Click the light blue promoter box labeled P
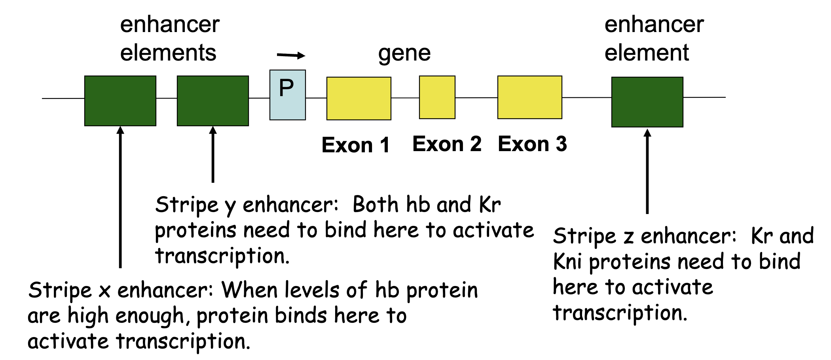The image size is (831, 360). coord(288,95)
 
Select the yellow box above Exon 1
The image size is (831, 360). coord(359,99)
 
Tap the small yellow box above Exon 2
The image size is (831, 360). coord(437,97)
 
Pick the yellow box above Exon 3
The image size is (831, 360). coord(530,97)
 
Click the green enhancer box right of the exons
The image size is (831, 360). coord(647,102)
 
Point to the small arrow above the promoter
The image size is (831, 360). coord(291,55)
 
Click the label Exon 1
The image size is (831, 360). coord(355,145)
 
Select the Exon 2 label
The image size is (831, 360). coord(447,144)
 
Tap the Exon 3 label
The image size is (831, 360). coord(532,144)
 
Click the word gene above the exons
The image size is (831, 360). coord(404,54)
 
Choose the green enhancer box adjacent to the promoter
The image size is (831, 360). coord(213,101)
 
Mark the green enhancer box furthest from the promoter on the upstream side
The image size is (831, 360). coord(120,101)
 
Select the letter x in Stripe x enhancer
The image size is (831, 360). coord(104,292)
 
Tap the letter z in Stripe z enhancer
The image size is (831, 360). coord(628,237)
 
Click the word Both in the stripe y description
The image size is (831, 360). coord(376,205)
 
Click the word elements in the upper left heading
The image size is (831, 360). coord(168,53)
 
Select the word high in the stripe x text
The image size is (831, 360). coord(88,316)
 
